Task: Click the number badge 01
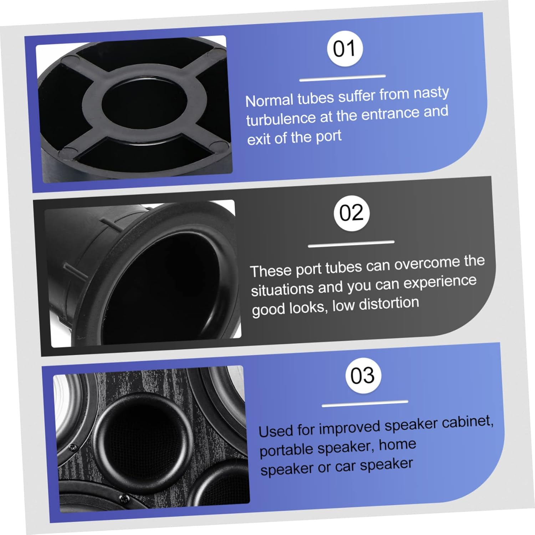pyautogui.click(x=345, y=49)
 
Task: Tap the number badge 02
pyautogui.click(x=351, y=213)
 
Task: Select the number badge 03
pyautogui.click(x=363, y=376)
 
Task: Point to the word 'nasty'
pyautogui.click(x=431, y=93)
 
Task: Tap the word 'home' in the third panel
pyautogui.click(x=397, y=445)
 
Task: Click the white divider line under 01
pyautogui.click(x=342, y=78)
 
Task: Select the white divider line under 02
pyautogui.click(x=351, y=244)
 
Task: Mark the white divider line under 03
pyautogui.click(x=365, y=404)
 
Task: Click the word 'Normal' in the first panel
pyautogui.click(x=269, y=100)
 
